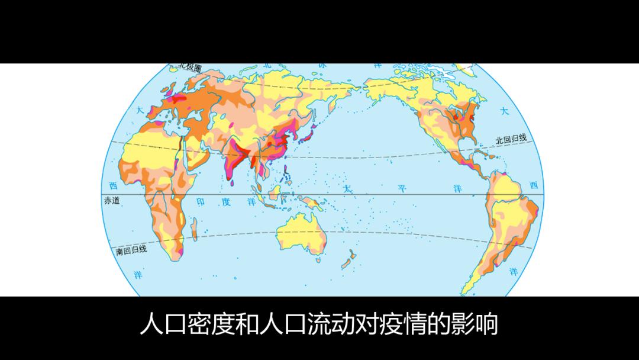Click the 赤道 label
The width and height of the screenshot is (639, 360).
(112, 201)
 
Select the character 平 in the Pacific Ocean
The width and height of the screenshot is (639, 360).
(402, 188)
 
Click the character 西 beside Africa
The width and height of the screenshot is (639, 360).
(112, 185)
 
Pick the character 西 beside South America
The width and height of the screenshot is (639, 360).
(534, 185)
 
